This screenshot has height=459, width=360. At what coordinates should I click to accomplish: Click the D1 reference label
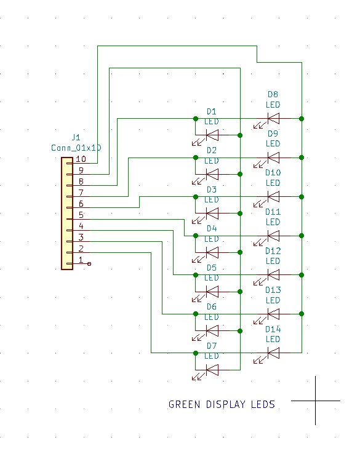211,111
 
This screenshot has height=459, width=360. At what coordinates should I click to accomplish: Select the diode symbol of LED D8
273,119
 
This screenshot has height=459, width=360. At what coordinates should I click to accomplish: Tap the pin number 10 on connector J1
81,159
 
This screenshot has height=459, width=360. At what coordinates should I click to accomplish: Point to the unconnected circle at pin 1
89,264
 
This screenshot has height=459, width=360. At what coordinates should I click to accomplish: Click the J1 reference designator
76,137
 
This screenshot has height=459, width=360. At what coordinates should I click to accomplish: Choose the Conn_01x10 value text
76,148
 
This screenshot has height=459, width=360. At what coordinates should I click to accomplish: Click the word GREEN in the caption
185,405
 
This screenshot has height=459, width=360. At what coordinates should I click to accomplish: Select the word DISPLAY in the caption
226,405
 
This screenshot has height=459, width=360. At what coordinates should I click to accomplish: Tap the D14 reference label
273,329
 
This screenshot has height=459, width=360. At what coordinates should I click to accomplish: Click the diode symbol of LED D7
212,370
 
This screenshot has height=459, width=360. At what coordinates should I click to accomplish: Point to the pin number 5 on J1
81,215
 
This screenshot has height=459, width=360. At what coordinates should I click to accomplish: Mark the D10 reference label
273,172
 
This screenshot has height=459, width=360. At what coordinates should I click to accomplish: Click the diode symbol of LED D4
212,252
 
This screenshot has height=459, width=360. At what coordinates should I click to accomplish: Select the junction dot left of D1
196,119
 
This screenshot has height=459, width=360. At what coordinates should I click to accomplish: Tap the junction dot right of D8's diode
302,119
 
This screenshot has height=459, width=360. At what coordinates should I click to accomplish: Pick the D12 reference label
273,251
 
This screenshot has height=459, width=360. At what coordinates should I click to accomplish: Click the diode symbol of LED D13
273,314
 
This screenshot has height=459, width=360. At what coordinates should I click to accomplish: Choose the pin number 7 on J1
81,193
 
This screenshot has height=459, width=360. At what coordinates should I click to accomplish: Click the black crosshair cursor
316,401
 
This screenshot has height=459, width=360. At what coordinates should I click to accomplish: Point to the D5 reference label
211,268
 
